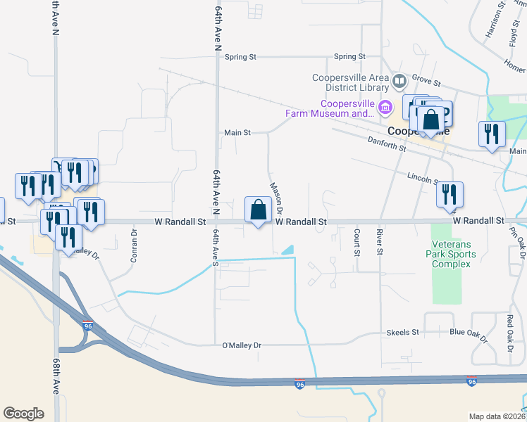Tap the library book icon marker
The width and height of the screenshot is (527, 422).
tap(399, 83)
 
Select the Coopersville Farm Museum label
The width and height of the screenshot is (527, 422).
tap(329, 108)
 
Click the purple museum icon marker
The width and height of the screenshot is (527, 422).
tap(385, 108)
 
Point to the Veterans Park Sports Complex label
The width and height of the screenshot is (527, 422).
tap(451, 253)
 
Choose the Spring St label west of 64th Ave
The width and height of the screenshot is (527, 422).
tap(240, 57)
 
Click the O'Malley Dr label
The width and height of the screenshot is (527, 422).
tap(242, 345)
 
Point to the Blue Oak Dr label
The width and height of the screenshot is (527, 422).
tap(468, 332)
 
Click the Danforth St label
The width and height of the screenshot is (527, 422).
tap(387, 144)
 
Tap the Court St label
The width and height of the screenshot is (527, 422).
tap(357, 242)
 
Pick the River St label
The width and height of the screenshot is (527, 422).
tap(380, 242)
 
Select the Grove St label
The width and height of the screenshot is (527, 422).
tap(426, 83)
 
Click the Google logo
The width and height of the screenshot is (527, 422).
tap(23, 414)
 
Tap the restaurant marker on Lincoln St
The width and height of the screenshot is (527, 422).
tap(449, 195)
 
